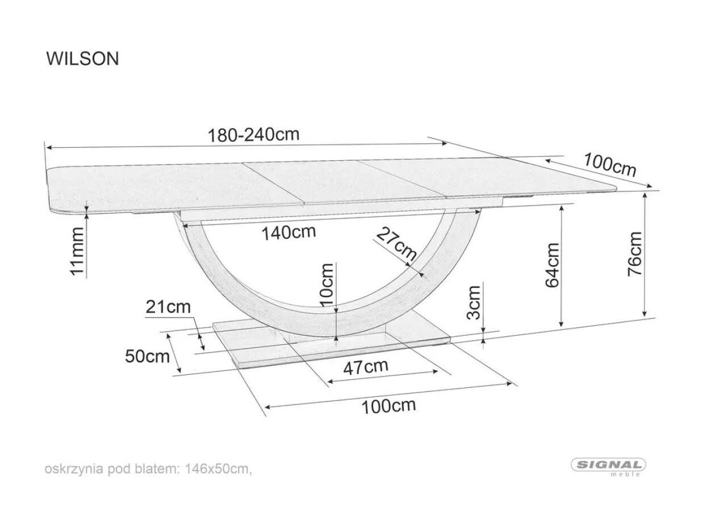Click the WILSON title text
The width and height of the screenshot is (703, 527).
83,58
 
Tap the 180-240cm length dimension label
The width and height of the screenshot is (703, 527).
254,135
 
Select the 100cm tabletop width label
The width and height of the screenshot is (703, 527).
609,164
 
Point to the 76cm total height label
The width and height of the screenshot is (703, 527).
634,254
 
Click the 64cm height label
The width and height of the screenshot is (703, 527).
552,265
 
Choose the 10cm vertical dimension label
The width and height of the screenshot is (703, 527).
327,285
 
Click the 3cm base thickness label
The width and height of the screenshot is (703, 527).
474,302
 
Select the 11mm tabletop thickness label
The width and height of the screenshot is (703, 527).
77,251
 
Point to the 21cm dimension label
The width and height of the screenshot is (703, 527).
168,307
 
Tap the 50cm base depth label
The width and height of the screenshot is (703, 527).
147,356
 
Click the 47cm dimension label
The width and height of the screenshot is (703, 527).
366,367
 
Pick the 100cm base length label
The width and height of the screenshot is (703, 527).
388,406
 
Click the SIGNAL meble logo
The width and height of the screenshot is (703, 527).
608,466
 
